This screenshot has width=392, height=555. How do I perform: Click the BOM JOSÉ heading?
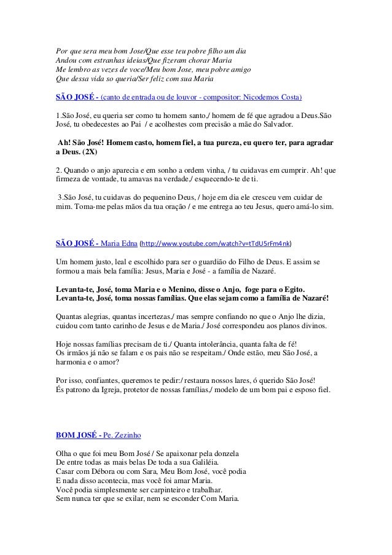[76, 436]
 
